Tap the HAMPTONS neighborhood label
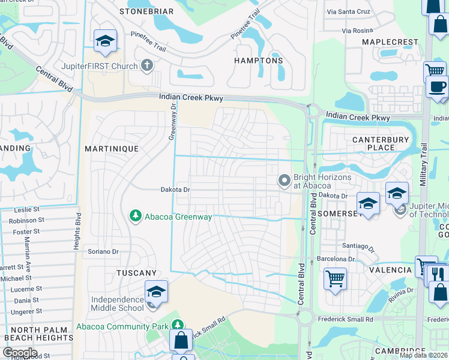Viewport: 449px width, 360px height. click(258, 61)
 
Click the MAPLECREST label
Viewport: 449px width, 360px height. click(390, 42)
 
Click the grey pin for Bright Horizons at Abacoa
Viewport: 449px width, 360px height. click(283, 180)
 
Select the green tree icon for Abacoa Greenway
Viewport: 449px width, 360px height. click(136, 216)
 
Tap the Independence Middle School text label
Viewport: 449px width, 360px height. click(118, 304)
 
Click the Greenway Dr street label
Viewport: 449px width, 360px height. click(171, 120)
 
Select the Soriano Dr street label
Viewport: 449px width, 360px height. click(103, 251)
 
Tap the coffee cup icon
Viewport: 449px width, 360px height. click(437, 87)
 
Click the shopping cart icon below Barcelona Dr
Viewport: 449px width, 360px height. click(335, 278)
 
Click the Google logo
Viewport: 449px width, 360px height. click(20, 353)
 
